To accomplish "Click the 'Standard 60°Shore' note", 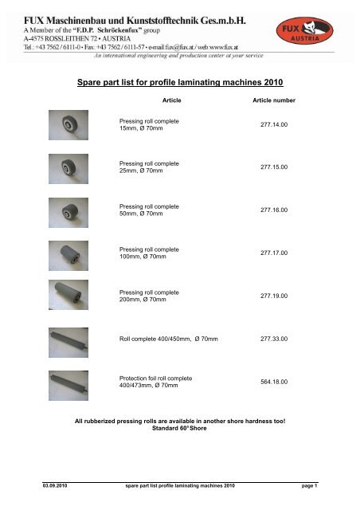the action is pyautogui.click(x=180, y=427).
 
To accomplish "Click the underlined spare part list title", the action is pyautogui.click(x=180, y=82).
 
